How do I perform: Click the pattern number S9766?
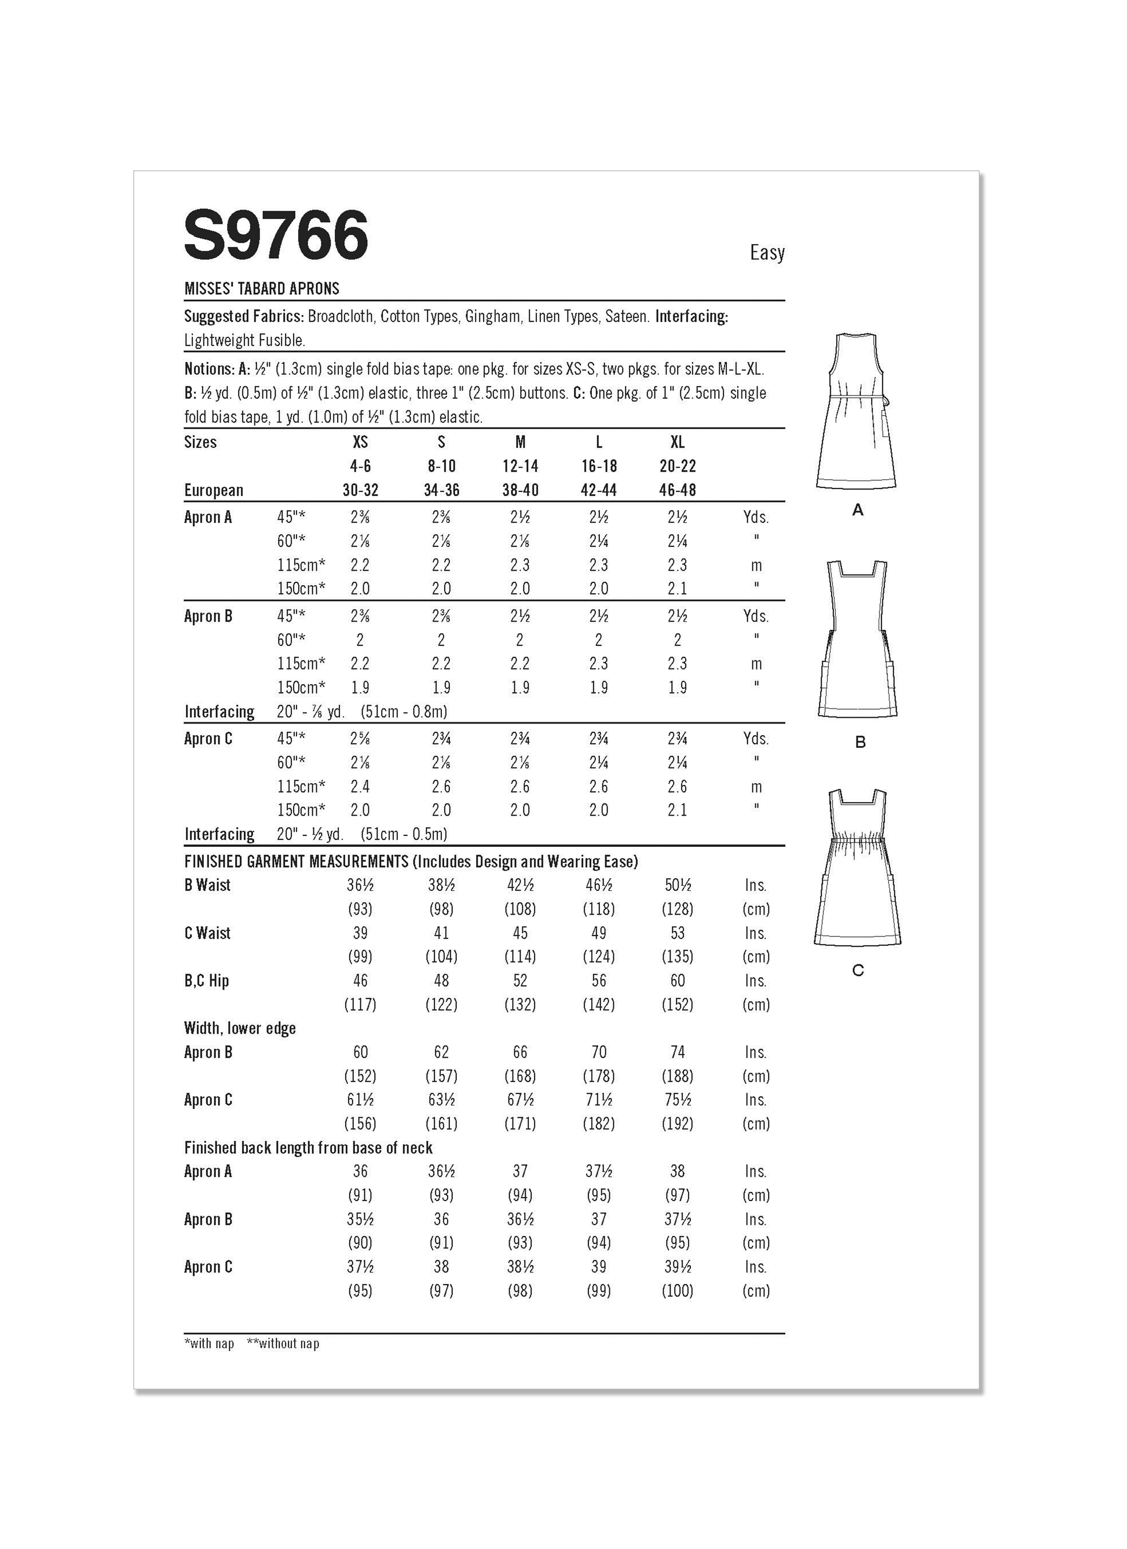[276, 236]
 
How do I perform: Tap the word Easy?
[767, 253]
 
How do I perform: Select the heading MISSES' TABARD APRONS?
[262, 289]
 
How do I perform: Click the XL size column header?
[677, 443]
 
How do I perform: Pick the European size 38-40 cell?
[520, 490]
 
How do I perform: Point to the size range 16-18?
[599, 467]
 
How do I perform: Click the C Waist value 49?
[599, 934]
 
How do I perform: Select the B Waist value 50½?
[677, 886]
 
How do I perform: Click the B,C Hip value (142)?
[599, 1005]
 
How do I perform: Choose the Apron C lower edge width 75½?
[677, 1100]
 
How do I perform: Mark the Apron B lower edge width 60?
[360, 1052]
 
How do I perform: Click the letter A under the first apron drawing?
[858, 510]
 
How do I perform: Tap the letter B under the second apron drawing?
[860, 743]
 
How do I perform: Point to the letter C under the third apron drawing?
[858, 971]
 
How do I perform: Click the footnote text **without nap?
[283, 1344]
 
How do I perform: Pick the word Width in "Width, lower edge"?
[202, 1029]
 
